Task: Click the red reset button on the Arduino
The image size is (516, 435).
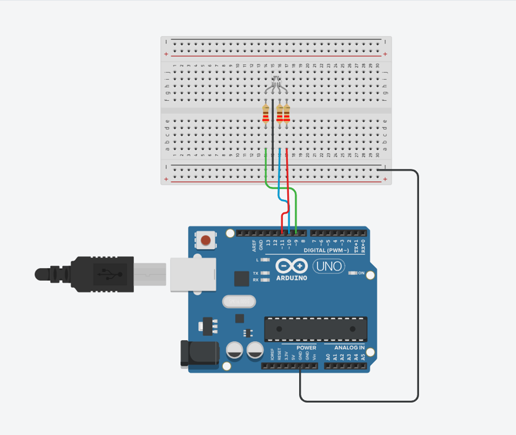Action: (x=206, y=240)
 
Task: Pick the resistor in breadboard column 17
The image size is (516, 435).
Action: (x=286, y=115)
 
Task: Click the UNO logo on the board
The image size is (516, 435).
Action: (x=328, y=266)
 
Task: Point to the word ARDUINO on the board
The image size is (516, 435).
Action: (x=291, y=278)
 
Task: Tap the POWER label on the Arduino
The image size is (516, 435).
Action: (x=306, y=348)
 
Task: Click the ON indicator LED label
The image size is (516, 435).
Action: (x=361, y=272)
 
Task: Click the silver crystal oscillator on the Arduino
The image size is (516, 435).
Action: (x=238, y=301)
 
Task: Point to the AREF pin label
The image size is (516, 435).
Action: (x=254, y=245)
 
